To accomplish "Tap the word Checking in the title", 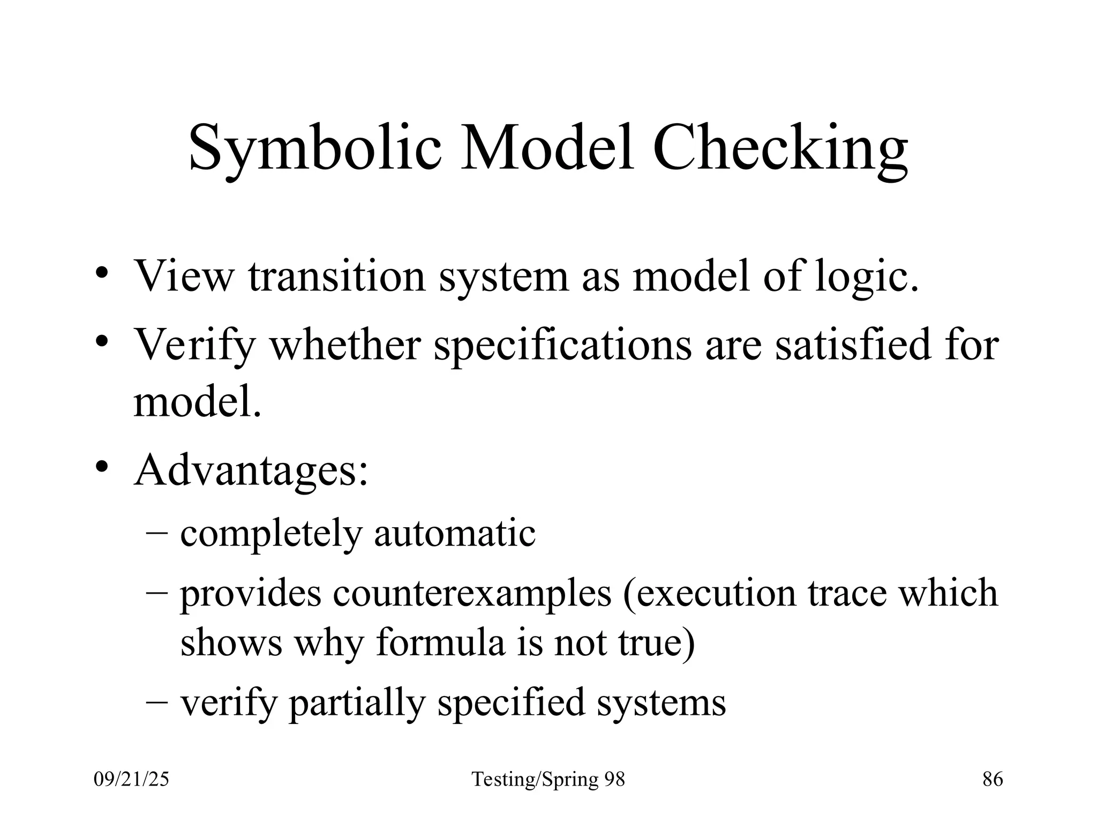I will point(780,147).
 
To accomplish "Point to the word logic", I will point(866,276).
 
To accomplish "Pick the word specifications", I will point(562,345).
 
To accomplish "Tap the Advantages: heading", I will point(251,470).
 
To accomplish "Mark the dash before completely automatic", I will point(156,533).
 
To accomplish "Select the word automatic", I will point(455,534).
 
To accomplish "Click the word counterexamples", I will point(472,593).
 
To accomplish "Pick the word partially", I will point(357,702).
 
